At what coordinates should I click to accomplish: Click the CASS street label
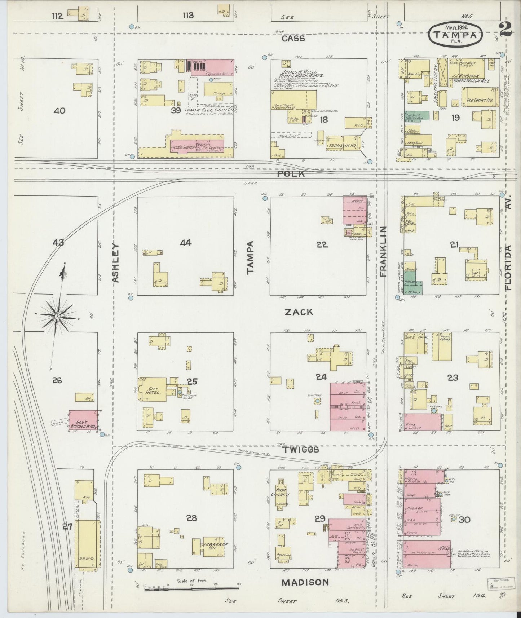(x=293, y=39)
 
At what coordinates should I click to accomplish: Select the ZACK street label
(x=299, y=312)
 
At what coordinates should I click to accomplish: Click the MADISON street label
(x=305, y=582)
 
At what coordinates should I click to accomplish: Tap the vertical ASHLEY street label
(x=115, y=263)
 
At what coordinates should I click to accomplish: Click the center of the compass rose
(x=57, y=316)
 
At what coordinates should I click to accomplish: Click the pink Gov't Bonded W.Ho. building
(x=84, y=420)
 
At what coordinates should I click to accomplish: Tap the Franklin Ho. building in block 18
(x=341, y=144)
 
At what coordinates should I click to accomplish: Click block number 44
(x=185, y=243)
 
